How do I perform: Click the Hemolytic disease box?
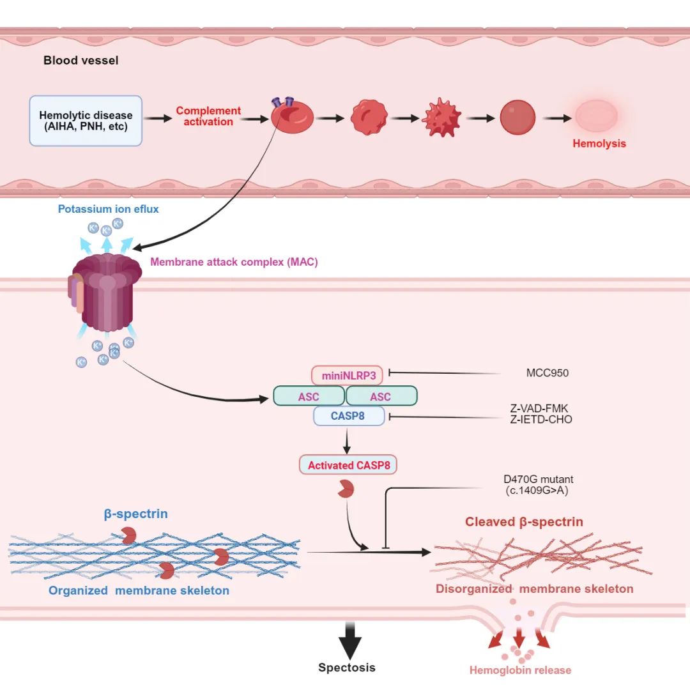(x=86, y=121)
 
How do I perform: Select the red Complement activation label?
(x=208, y=116)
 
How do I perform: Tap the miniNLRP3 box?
(x=348, y=375)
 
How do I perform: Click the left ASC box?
(x=309, y=396)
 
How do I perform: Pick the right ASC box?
(x=381, y=396)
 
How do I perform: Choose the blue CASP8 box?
(x=348, y=417)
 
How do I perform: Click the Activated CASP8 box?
(x=348, y=465)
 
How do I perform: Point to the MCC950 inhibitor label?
(x=545, y=373)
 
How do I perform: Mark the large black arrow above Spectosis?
(x=349, y=639)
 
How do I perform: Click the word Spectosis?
(x=347, y=668)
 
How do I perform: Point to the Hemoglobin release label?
(x=520, y=670)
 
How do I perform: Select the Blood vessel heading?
(x=80, y=61)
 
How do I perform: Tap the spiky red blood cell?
(x=442, y=118)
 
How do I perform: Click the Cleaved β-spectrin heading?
(x=524, y=522)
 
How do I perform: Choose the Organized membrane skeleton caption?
(x=139, y=590)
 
